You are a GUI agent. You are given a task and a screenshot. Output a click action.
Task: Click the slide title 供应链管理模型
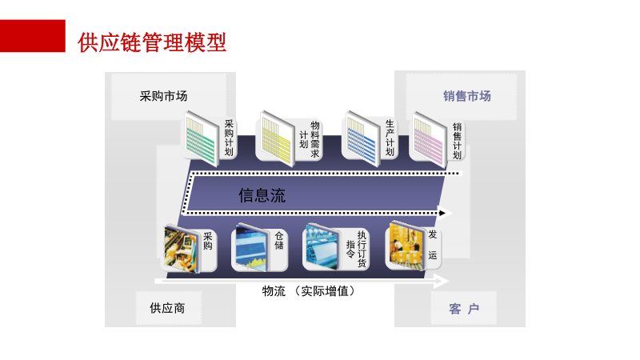152,42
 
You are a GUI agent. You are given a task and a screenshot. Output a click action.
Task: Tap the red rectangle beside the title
32,37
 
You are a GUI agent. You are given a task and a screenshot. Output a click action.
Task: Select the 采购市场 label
163,96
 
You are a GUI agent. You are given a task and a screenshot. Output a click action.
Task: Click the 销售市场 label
467,96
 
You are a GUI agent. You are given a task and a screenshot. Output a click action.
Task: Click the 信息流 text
262,195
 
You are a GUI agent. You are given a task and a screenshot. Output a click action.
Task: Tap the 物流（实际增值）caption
308,291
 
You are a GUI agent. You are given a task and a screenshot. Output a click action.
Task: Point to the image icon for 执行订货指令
322,247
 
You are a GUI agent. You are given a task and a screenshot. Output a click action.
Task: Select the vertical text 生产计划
390,137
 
